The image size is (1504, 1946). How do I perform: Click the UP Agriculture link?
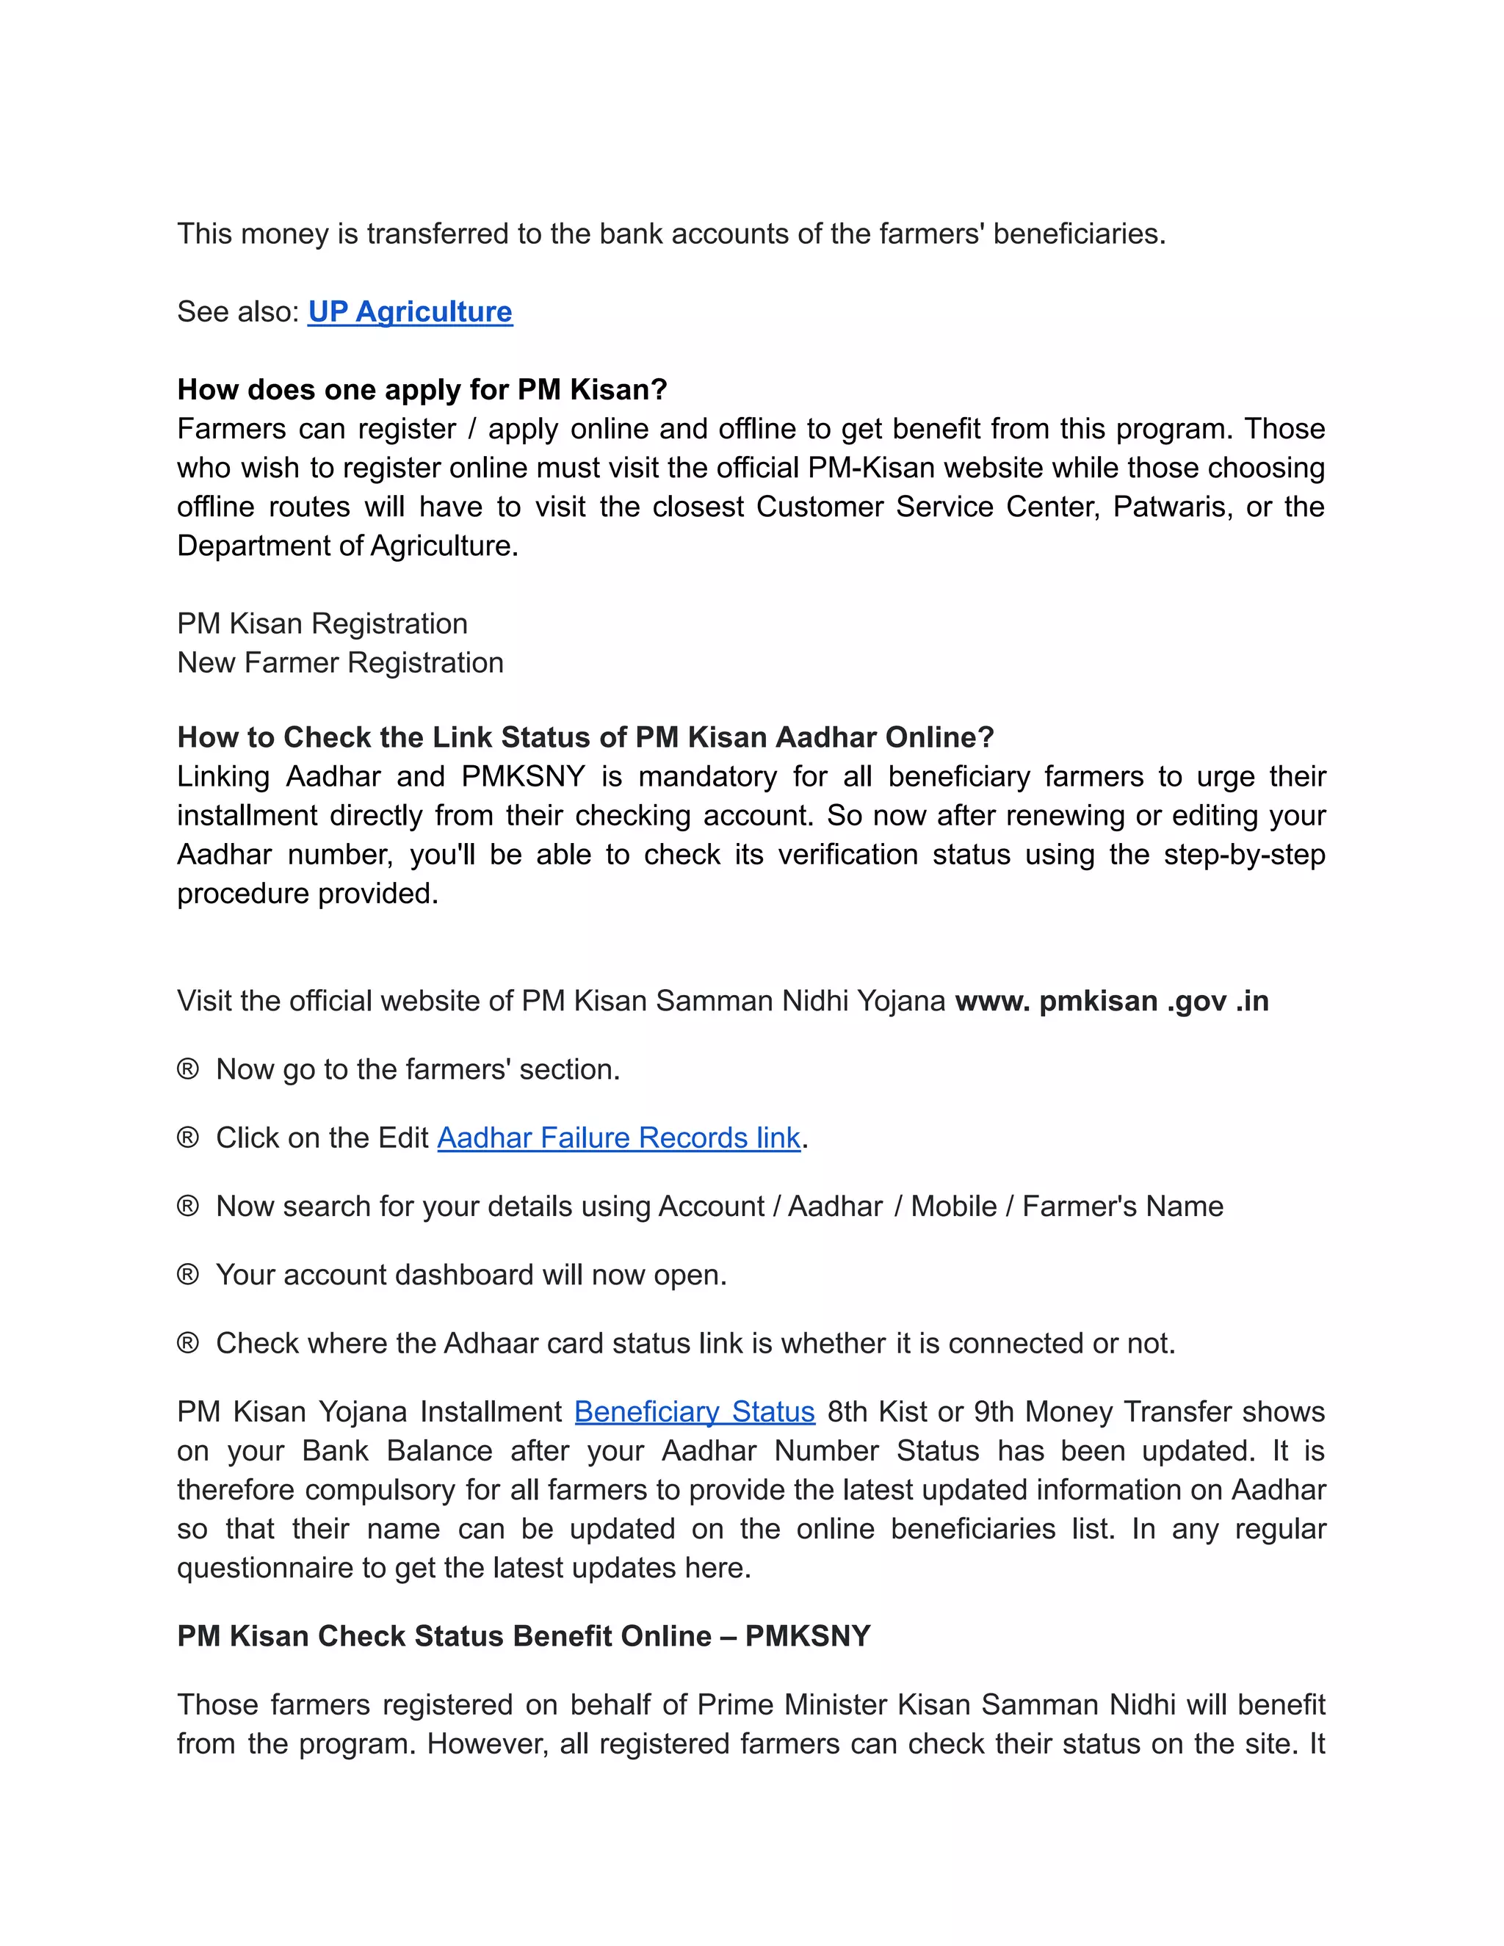pyautogui.click(x=410, y=312)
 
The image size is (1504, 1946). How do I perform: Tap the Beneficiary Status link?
pyautogui.click(x=694, y=1411)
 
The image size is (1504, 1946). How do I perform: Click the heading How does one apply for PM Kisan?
pyautogui.click(x=422, y=389)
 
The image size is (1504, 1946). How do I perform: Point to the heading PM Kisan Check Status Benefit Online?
pyautogui.click(x=523, y=1636)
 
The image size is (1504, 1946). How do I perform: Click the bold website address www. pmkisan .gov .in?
pyautogui.click(x=1111, y=1001)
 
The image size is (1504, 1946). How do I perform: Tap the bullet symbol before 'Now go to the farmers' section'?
pyautogui.click(x=187, y=1069)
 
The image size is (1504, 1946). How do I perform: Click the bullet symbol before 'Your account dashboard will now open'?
pyautogui.click(x=187, y=1275)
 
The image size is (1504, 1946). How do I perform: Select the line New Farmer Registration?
pyautogui.click(x=340, y=663)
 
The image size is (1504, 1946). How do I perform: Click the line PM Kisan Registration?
pyautogui.click(x=322, y=623)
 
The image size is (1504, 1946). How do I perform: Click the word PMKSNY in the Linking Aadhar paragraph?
pyautogui.click(x=523, y=777)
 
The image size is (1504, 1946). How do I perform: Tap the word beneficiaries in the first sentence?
pyautogui.click(x=1078, y=234)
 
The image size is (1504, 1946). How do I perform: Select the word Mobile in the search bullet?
pyautogui.click(x=953, y=1207)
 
